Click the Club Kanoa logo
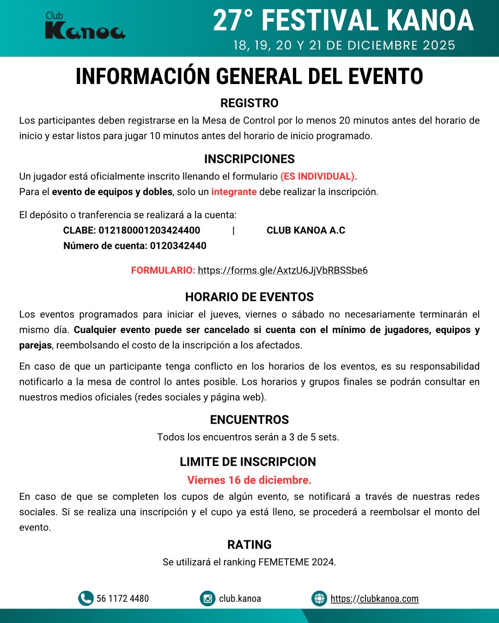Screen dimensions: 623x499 (85, 26)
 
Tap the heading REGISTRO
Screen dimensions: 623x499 (249, 103)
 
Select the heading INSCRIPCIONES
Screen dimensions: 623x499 (249, 159)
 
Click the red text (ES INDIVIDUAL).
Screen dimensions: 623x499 (318, 176)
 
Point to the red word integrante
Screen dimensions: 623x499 (234, 192)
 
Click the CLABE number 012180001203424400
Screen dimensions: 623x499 (149, 230)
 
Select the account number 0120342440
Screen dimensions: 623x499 (178, 246)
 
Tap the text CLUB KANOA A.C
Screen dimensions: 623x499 (306, 230)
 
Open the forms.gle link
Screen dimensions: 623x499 (282, 270)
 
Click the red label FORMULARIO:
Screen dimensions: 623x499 (163, 270)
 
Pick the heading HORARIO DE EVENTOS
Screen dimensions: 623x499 (249, 297)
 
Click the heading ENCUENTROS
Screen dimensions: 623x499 (249, 419)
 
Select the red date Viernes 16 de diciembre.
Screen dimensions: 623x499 (249, 480)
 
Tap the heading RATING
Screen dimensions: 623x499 (249, 545)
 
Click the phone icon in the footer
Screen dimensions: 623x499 (85, 599)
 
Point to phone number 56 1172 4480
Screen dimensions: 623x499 (122, 599)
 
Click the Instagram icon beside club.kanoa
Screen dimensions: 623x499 (207, 599)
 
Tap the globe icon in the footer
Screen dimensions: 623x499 (319, 599)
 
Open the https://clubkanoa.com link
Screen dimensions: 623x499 (374, 599)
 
